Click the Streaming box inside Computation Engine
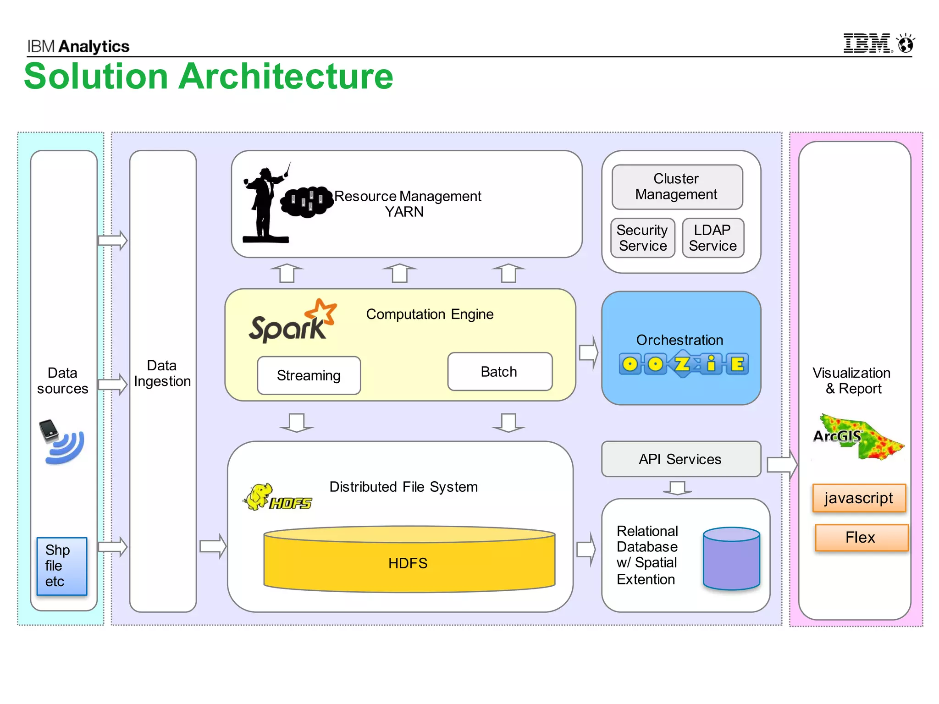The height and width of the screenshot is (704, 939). pos(309,375)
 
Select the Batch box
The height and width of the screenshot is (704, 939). pos(499,372)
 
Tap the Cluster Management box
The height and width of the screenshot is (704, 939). pos(677,187)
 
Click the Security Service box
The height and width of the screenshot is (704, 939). pos(642,238)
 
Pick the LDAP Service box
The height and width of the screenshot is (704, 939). pos(713,238)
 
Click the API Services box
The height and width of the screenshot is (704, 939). pos(680,459)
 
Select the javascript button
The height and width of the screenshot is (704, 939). pos(859,498)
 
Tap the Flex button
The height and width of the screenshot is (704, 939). pos(861,537)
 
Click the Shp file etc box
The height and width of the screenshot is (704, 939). pos(62,566)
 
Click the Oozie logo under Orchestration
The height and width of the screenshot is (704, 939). pos(684,365)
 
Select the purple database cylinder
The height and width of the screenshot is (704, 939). pos(731,558)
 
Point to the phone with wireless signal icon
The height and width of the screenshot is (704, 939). pos(61,441)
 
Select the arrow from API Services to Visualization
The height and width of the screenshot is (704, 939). pos(782,465)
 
